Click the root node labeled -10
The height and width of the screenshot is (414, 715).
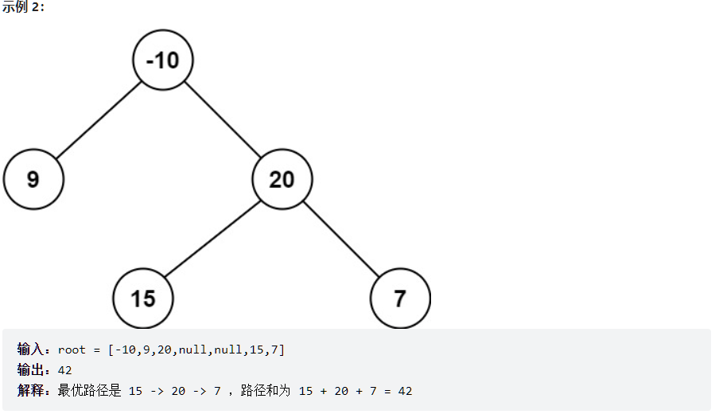tap(163, 60)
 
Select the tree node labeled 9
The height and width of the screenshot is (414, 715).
tap(33, 179)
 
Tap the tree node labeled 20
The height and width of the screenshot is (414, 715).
tap(282, 179)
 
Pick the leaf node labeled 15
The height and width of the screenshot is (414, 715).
tap(143, 299)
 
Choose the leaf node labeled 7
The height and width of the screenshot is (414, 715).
tap(400, 299)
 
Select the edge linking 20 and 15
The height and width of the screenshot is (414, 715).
tap(212, 239)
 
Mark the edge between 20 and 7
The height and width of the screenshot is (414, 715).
tap(341, 239)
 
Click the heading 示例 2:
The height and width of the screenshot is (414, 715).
tap(24, 8)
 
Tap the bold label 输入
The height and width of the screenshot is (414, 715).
tap(33, 350)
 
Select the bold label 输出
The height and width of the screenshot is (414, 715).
tap(33, 370)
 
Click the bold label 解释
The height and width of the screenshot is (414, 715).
tap(33, 391)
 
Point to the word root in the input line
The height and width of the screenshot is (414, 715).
tap(72, 350)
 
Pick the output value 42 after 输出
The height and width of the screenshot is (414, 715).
tap(65, 370)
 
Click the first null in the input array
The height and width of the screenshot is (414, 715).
tap(193, 350)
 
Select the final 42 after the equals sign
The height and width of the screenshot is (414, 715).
tap(405, 391)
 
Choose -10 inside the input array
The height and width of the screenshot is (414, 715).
tap(125, 350)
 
